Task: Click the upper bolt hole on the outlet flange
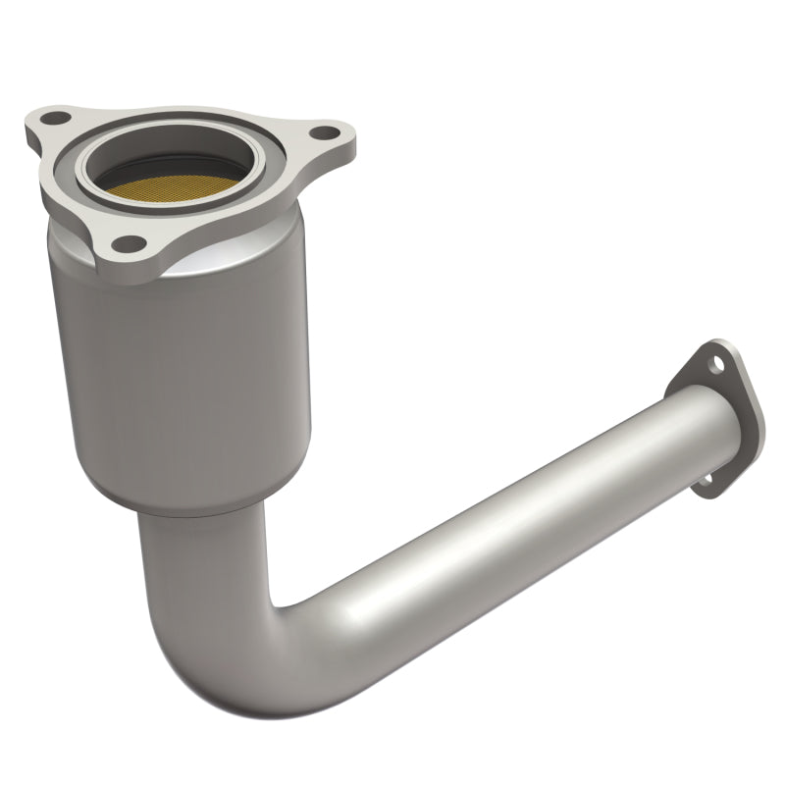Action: coord(719,364)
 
